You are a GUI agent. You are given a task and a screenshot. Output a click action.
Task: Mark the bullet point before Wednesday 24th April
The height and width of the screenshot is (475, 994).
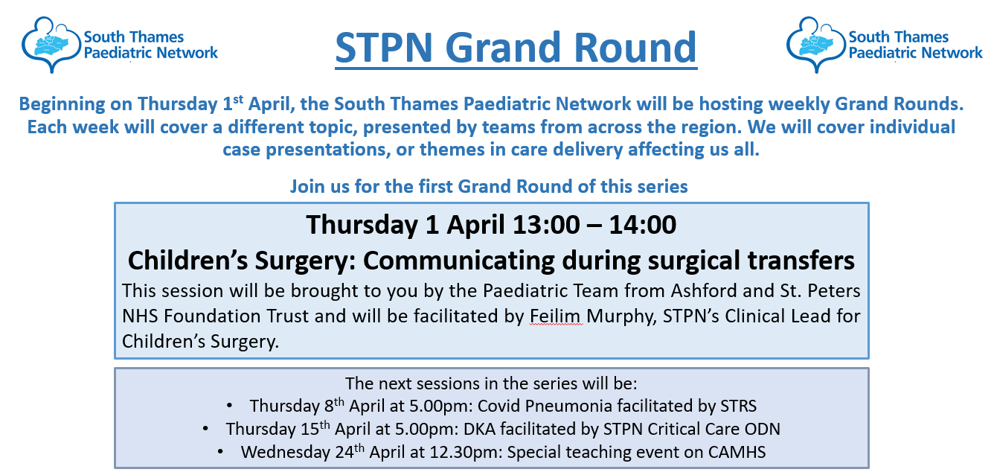click(x=220, y=452)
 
